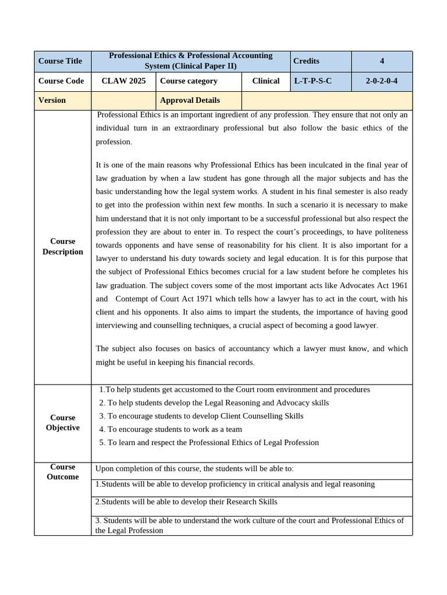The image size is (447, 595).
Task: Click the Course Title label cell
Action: pyautogui.click(x=60, y=61)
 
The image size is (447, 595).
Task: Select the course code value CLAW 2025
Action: pyautogui.click(x=123, y=81)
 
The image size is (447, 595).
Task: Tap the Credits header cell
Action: pyautogui.click(x=306, y=61)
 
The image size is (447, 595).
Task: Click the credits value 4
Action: pyautogui.click(x=382, y=61)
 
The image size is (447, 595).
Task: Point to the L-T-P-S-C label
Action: pyautogui.click(x=313, y=81)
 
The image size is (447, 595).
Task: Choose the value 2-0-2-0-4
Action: pyautogui.click(x=382, y=81)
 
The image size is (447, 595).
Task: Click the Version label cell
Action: pyautogui.click(x=52, y=100)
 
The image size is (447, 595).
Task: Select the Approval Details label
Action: pyautogui.click(x=190, y=100)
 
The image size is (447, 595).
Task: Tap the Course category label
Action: pyautogui.click(x=189, y=81)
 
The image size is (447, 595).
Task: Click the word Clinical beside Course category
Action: pyautogui.click(x=265, y=81)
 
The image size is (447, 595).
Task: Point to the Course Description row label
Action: pyautogui.click(x=62, y=246)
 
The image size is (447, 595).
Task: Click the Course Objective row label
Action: pyautogui.click(x=62, y=422)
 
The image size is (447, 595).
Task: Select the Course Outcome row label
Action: pyautogui.click(x=62, y=472)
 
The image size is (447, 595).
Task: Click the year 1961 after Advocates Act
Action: pyautogui.click(x=398, y=285)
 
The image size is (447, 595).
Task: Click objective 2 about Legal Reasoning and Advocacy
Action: pyautogui.click(x=214, y=403)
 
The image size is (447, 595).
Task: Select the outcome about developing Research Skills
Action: pyautogui.click(x=186, y=501)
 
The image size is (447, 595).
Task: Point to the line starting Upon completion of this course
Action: pyautogui.click(x=194, y=469)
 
